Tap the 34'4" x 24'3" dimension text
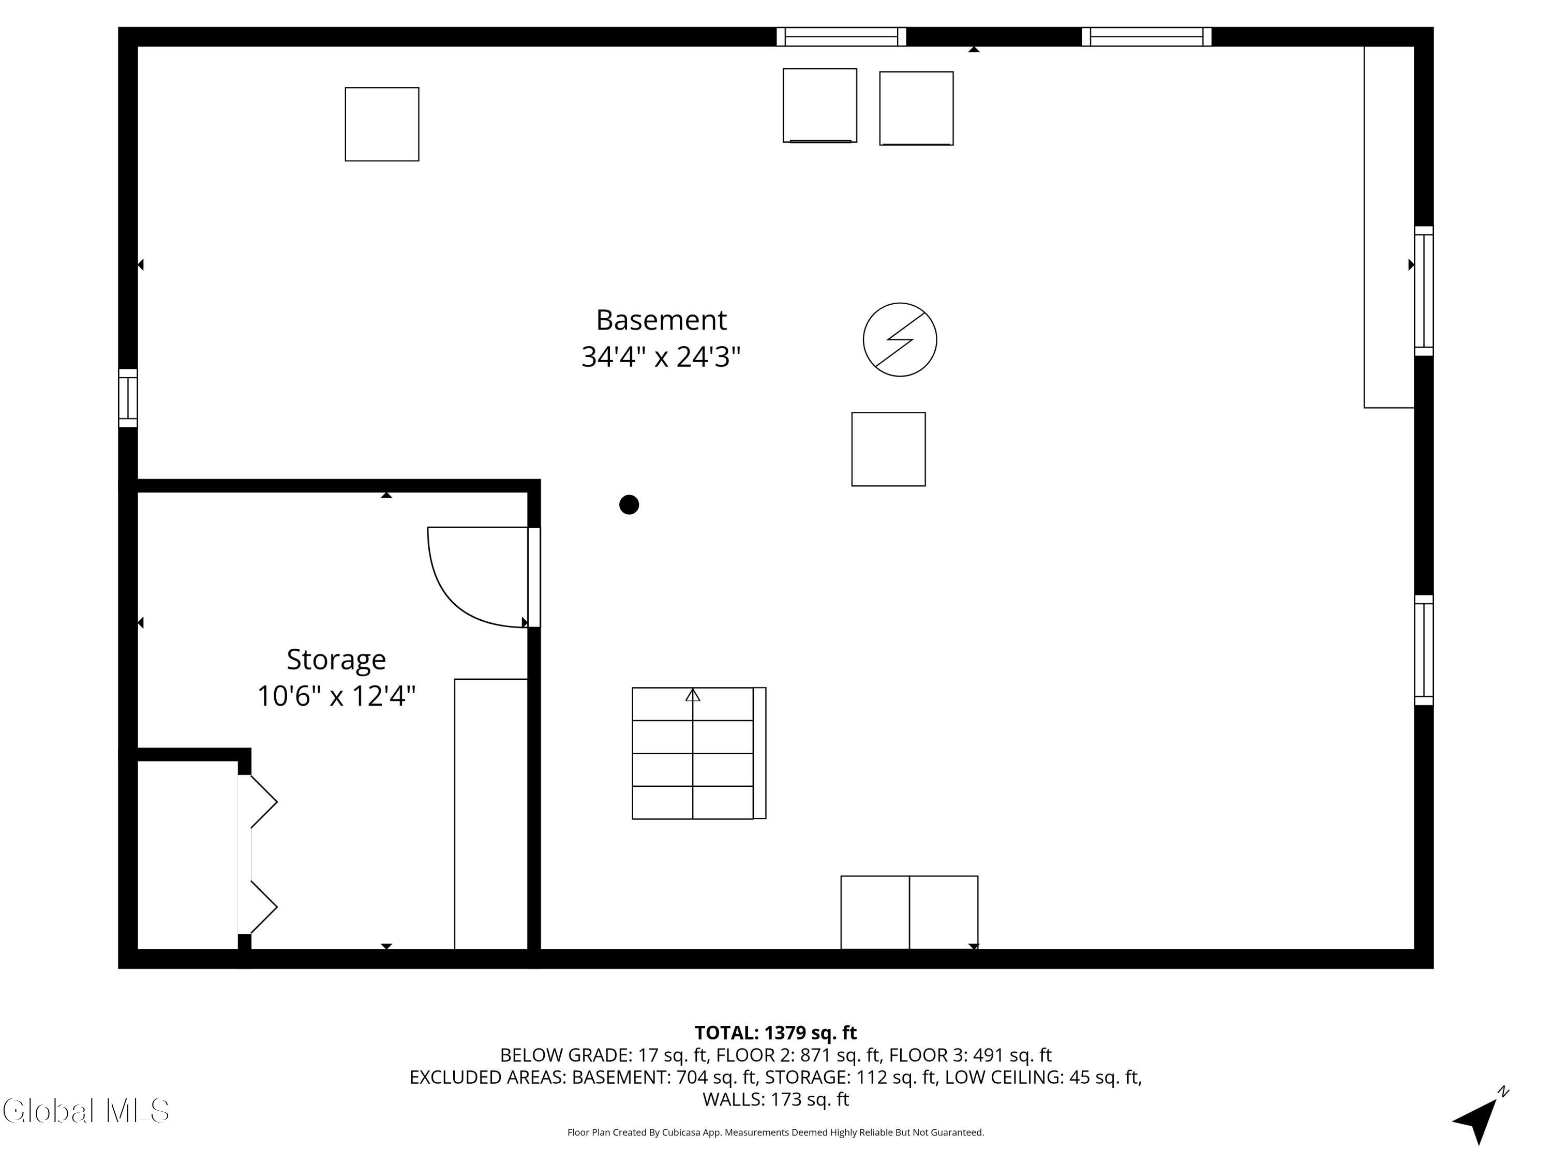(x=661, y=357)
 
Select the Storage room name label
(x=336, y=660)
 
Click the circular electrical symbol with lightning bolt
(x=900, y=339)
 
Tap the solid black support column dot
(x=629, y=504)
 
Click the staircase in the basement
(x=693, y=753)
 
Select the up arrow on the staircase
(x=693, y=695)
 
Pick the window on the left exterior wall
(x=128, y=398)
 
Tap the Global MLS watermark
(x=85, y=1111)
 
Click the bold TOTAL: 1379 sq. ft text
(x=775, y=1033)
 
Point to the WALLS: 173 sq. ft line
(x=775, y=1099)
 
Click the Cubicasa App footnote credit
(x=775, y=1132)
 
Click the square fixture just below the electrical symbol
(x=888, y=449)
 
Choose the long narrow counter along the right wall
(x=1388, y=227)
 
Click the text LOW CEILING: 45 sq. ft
(x=1042, y=1077)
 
